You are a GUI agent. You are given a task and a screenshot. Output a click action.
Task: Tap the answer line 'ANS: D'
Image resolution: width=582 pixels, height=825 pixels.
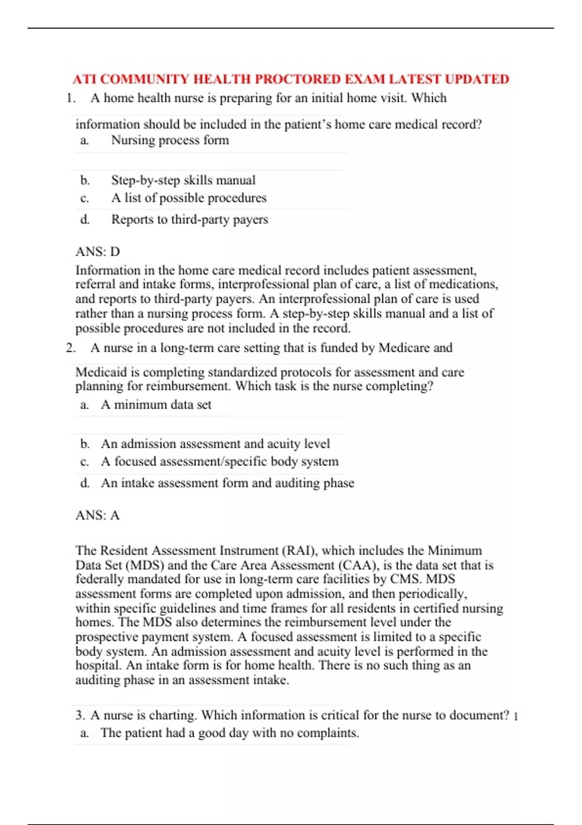coord(97,251)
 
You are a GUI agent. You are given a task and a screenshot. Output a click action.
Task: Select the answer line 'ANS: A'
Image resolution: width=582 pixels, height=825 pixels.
coord(97,515)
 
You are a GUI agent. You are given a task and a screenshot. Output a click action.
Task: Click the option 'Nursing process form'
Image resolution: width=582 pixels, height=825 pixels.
coord(170,140)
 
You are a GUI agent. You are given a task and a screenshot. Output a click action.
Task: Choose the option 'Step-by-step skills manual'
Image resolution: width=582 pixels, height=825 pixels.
coord(183,180)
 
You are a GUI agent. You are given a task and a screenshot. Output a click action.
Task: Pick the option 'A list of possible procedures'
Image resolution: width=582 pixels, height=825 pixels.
coord(189,198)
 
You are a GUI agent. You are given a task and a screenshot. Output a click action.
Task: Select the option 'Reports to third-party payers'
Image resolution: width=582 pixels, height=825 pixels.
coord(190,219)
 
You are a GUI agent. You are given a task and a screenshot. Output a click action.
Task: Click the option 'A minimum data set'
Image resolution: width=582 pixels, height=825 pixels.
coord(156,405)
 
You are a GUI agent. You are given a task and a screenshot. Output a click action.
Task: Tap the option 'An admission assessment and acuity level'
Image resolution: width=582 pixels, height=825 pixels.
coord(215,444)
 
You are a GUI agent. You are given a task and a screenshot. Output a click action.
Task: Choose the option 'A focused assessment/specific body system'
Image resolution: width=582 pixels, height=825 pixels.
coord(220,462)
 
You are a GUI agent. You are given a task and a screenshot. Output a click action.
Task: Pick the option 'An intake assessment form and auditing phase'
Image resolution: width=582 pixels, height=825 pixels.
coord(227,483)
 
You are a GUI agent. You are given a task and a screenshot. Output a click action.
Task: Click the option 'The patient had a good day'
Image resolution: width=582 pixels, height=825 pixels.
coord(229,733)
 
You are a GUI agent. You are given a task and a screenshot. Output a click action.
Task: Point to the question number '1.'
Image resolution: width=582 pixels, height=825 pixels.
coord(71,98)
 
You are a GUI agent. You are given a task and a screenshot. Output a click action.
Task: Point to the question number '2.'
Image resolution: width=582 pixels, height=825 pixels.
coord(71,348)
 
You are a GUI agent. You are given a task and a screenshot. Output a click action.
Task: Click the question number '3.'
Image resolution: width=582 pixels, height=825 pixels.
coord(80,715)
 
